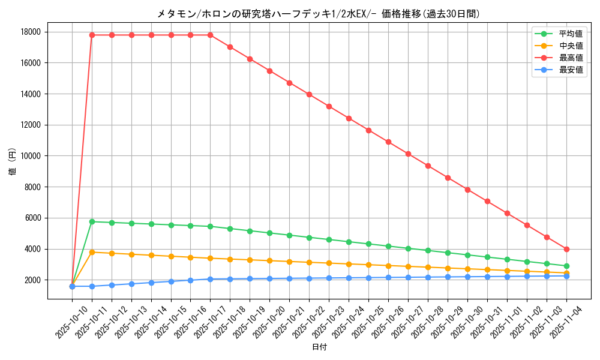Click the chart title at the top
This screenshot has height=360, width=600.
click(318, 13)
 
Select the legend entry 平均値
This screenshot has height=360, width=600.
click(571, 34)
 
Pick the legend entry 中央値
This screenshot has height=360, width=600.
click(571, 46)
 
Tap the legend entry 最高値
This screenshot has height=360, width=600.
click(571, 58)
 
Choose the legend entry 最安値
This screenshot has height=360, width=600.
click(571, 70)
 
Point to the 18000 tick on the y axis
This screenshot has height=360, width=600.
click(32, 32)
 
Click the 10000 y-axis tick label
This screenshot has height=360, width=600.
click(32, 156)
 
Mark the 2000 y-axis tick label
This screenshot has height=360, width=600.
click(34, 280)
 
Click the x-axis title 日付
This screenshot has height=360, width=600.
click(319, 347)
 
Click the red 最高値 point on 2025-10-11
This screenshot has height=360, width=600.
click(92, 35)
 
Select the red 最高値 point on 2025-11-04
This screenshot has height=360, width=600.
click(566, 249)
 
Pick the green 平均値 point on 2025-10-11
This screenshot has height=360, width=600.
click(92, 221)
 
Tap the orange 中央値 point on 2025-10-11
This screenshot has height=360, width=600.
click(92, 252)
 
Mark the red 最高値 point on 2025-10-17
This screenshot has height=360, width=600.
click(211, 35)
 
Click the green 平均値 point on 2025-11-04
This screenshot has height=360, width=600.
click(566, 266)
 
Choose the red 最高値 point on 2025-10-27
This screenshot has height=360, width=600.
click(408, 154)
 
